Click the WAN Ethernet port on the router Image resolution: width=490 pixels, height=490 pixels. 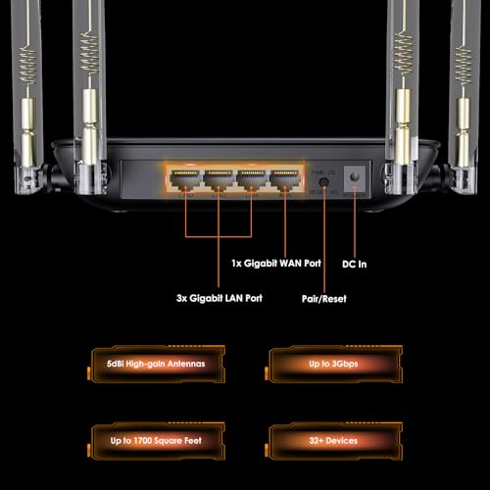tap(284, 179)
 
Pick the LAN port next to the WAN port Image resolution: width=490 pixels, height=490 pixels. tap(250, 179)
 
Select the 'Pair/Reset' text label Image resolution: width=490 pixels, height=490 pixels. tap(324, 298)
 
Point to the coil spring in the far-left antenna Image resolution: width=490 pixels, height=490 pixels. tap(26, 63)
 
